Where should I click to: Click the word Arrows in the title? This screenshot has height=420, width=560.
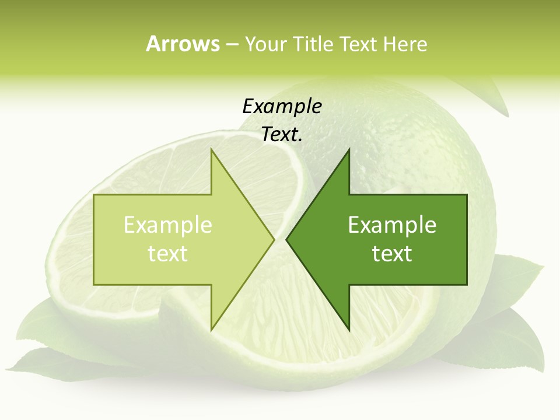pos(183,44)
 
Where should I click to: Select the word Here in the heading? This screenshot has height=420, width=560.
pos(405,44)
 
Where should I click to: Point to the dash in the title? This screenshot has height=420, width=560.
pos(232,44)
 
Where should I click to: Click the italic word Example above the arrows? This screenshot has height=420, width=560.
pos(282,106)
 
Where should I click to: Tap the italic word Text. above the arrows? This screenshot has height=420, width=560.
pos(282,135)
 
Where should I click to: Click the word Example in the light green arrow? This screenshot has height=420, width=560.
pos(168,225)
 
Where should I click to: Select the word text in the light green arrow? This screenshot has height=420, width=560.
pos(168,253)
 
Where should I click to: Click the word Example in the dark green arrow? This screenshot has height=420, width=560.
pos(392,225)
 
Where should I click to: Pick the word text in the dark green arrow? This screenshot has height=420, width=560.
pos(392,253)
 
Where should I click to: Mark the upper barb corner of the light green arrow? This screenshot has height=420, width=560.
pos(211,150)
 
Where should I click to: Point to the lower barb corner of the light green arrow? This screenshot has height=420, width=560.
pos(211,330)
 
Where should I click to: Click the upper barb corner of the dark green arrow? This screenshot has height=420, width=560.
pos(349,150)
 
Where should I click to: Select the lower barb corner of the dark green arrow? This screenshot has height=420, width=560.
pos(349,330)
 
